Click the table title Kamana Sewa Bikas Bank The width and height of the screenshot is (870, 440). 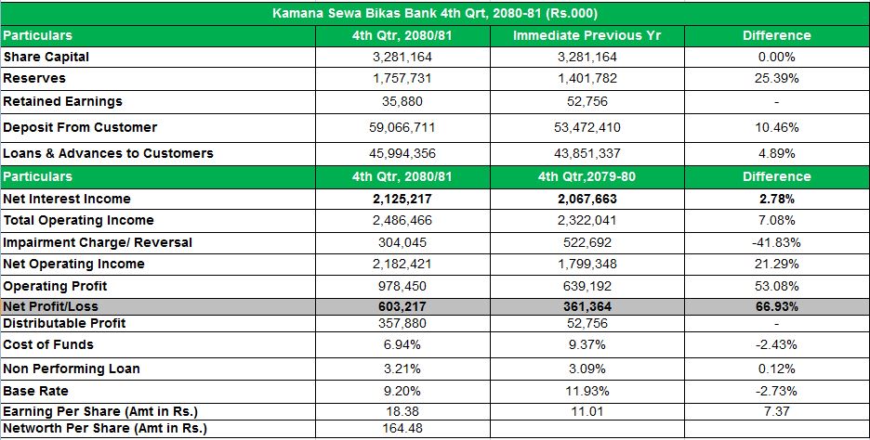pyautogui.click(x=435, y=13)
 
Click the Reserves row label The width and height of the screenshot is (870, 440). pyautogui.click(x=34, y=79)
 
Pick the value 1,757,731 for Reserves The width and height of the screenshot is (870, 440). pyautogui.click(x=402, y=79)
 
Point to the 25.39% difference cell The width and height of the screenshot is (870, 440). pyautogui.click(x=776, y=79)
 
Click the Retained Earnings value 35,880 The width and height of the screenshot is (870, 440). pyautogui.click(x=402, y=101)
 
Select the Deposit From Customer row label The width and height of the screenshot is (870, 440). pyautogui.click(x=80, y=127)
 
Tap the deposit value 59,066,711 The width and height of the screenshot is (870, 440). pyautogui.click(x=402, y=127)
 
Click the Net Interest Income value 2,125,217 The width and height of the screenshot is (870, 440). pyautogui.click(x=402, y=199)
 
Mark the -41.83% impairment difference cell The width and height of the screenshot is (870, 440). pyautogui.click(x=776, y=242)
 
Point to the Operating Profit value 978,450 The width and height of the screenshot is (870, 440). pyautogui.click(x=402, y=286)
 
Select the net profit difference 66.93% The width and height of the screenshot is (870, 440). pyautogui.click(x=776, y=306)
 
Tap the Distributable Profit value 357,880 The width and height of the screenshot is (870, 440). pyautogui.click(x=402, y=323)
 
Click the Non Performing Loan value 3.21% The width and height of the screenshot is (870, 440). pyautogui.click(x=402, y=369)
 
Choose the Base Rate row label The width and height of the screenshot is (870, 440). pyautogui.click(x=35, y=391)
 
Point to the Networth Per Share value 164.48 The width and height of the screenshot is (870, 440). pyautogui.click(x=402, y=428)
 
